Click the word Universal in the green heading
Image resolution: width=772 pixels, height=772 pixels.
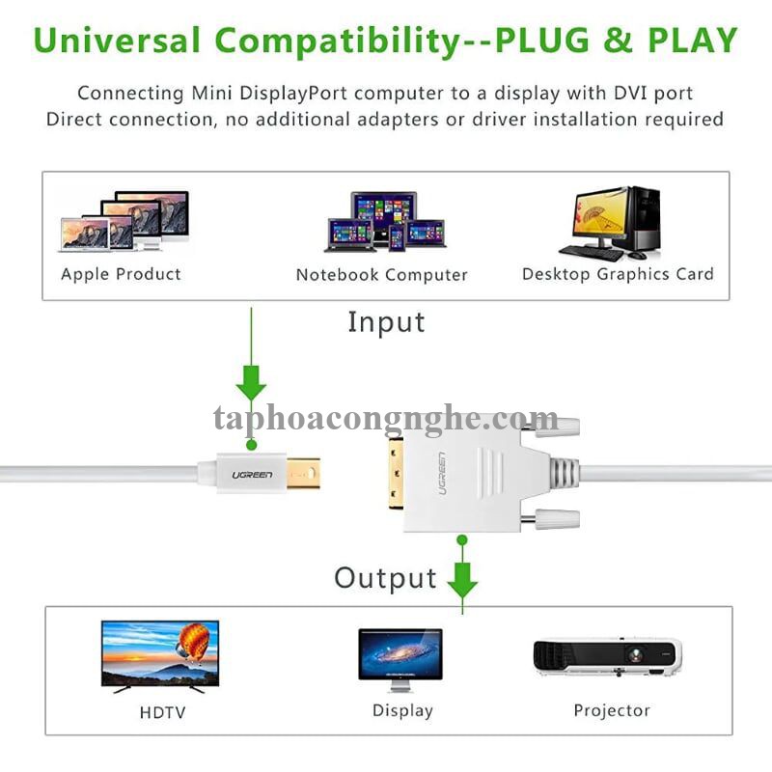point(117,41)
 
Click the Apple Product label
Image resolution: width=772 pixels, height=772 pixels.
point(121,274)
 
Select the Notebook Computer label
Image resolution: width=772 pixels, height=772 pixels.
point(381,275)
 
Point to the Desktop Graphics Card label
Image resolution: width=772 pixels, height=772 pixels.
point(618,274)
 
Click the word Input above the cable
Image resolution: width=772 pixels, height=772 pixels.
point(386,322)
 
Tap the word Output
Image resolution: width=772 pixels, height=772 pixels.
point(385,578)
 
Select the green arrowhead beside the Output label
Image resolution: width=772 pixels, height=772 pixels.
point(462,580)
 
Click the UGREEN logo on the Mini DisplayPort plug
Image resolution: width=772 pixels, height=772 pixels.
point(252,475)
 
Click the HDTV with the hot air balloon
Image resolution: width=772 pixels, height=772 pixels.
point(160,653)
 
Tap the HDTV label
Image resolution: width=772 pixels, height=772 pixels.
point(161,713)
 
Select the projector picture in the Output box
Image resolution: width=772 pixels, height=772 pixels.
point(608,657)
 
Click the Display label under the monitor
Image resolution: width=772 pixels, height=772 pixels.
point(402,711)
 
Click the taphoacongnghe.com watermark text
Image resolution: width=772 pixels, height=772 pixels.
point(386,420)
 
